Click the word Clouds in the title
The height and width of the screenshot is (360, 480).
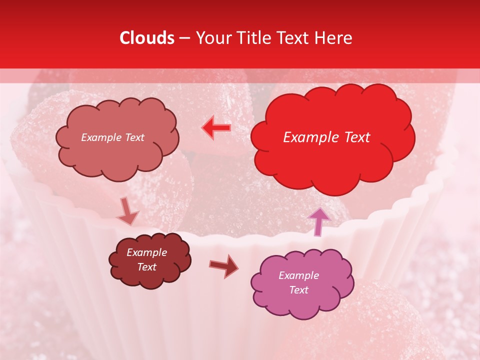tap(147, 38)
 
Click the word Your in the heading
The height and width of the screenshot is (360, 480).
tap(214, 38)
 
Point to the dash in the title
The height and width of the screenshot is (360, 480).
tap(184, 38)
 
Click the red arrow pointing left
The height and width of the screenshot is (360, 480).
tap(216, 127)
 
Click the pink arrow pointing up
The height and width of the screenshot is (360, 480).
tap(318, 221)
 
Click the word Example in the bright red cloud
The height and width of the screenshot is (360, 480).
tap(308, 137)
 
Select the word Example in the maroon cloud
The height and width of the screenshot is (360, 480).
tap(146, 252)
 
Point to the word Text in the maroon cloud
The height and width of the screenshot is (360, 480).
tap(146, 267)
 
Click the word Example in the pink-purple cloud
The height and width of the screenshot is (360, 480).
tap(298, 275)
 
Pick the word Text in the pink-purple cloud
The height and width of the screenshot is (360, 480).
tap(298, 290)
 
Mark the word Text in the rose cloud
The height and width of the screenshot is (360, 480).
tap(133, 137)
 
